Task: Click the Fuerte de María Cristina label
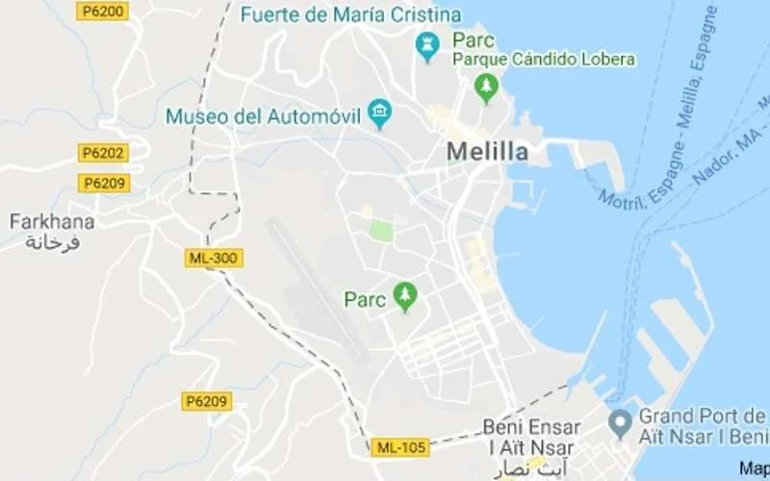point(349,14)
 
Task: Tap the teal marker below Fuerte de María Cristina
point(426,46)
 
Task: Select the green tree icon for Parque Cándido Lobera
point(486,88)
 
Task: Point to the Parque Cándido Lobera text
point(544,60)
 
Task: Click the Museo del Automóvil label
point(263,116)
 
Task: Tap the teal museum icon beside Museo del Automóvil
point(380,114)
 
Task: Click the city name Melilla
point(487,152)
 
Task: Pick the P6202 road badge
point(103,152)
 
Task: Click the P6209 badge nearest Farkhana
point(105,183)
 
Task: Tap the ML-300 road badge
point(213,258)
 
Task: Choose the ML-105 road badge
point(399,447)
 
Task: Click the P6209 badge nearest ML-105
point(207,401)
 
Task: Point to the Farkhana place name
point(52,222)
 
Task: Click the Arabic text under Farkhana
point(52,241)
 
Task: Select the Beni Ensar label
point(531,427)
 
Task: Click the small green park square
point(382,231)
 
